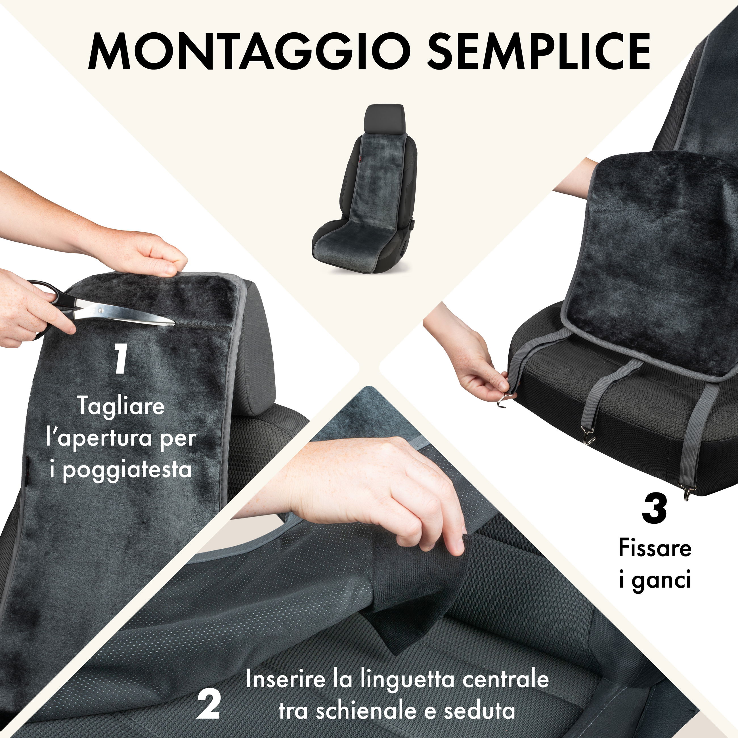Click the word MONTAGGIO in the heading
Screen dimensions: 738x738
245,51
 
